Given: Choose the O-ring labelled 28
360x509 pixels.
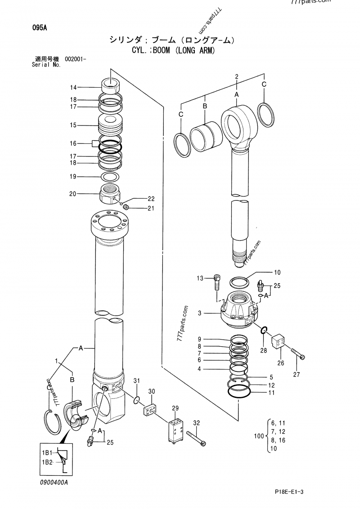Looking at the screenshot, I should tap(265, 330).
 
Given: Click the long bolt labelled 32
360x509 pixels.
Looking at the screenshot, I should tap(197, 437).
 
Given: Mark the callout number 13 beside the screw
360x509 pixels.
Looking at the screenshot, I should tap(200, 279).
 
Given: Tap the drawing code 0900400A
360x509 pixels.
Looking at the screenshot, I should tap(54, 482).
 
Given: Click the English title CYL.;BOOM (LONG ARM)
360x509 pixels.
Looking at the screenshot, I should tap(173, 50).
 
